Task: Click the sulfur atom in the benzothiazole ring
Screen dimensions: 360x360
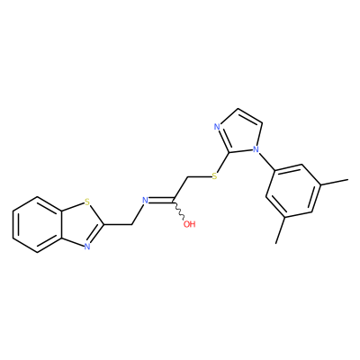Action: (x=87, y=202)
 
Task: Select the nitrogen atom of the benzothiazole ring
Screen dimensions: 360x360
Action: (x=87, y=247)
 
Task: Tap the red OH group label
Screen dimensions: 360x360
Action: (x=189, y=224)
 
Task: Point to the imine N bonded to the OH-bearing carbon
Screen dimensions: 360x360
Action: (x=145, y=201)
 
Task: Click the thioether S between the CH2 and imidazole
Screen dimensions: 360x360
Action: (x=214, y=176)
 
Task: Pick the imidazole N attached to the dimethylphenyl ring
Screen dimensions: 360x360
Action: (x=256, y=148)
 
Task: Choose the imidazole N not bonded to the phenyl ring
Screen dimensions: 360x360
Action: (x=217, y=127)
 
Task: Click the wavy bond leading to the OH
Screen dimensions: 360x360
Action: (x=179, y=211)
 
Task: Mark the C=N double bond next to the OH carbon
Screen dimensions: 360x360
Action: (x=161, y=201)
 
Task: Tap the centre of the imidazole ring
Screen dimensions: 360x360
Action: (x=240, y=133)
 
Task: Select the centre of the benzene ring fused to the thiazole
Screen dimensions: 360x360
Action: (x=37, y=224)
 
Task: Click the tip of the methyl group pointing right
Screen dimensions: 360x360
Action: (x=348, y=180)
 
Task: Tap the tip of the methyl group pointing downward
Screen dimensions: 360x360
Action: (x=276, y=243)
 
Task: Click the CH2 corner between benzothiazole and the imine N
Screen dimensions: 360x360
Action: (x=131, y=224)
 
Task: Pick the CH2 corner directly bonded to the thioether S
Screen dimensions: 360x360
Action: (x=188, y=177)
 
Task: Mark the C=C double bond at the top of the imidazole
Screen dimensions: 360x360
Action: (x=250, y=116)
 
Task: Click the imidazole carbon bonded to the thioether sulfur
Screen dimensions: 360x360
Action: (x=229, y=152)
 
